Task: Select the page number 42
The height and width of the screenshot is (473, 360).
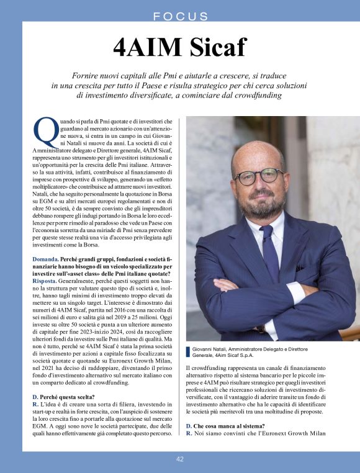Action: pos(179,459)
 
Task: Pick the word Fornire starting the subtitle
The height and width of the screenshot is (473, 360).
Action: pos(88,73)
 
